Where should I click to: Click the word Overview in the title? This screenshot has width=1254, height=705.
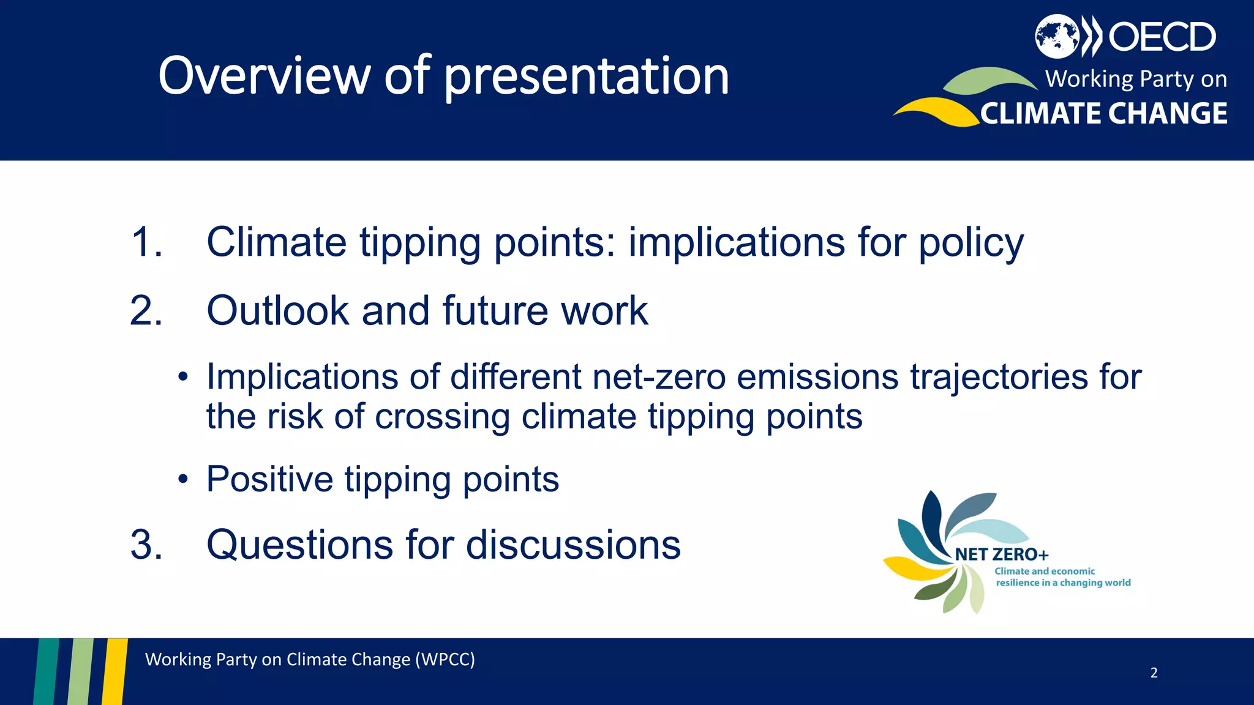264,76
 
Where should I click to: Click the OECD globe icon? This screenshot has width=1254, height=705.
1057,36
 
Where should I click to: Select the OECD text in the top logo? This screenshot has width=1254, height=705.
1162,37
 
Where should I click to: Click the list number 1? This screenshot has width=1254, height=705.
146,242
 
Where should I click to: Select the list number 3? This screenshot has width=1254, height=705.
146,545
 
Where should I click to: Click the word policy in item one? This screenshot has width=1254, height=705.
971,243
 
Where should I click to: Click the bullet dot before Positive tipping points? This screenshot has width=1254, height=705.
183,479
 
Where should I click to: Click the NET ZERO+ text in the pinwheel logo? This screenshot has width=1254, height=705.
1001,554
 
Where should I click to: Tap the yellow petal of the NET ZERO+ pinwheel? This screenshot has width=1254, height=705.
915,569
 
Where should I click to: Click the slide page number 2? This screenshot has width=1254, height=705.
1154,673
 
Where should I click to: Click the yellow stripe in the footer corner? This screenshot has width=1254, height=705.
115,671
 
